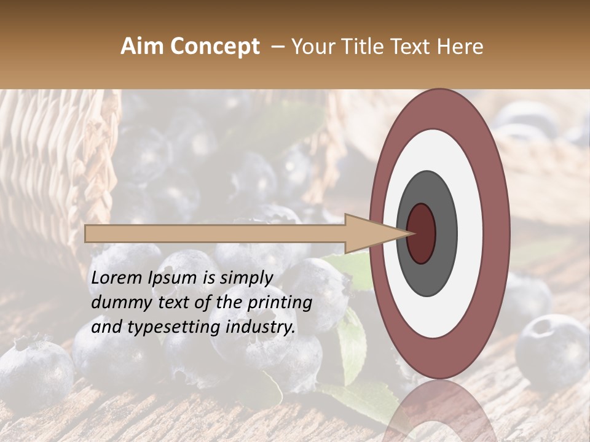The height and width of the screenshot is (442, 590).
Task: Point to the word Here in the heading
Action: pos(462,47)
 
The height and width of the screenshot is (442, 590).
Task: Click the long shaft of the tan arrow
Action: pos(215,234)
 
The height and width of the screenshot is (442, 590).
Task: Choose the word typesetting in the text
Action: pos(162,328)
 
